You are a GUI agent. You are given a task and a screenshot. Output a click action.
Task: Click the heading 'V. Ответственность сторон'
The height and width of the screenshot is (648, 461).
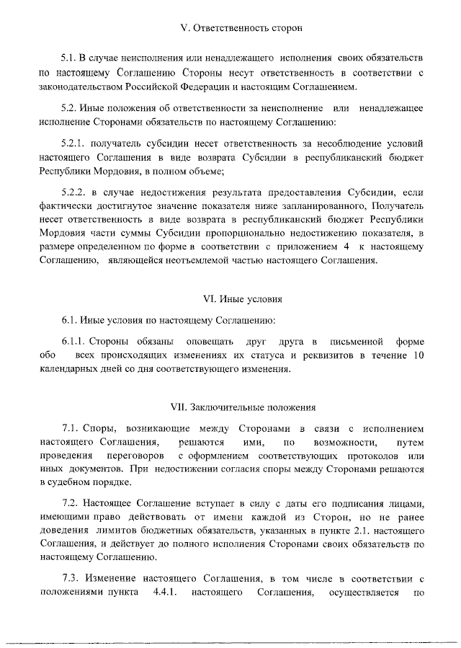point(230,28)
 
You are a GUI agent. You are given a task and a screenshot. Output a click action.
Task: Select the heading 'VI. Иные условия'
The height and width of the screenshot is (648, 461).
point(230,298)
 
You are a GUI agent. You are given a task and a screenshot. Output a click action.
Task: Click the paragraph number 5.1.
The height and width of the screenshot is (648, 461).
point(69,56)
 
